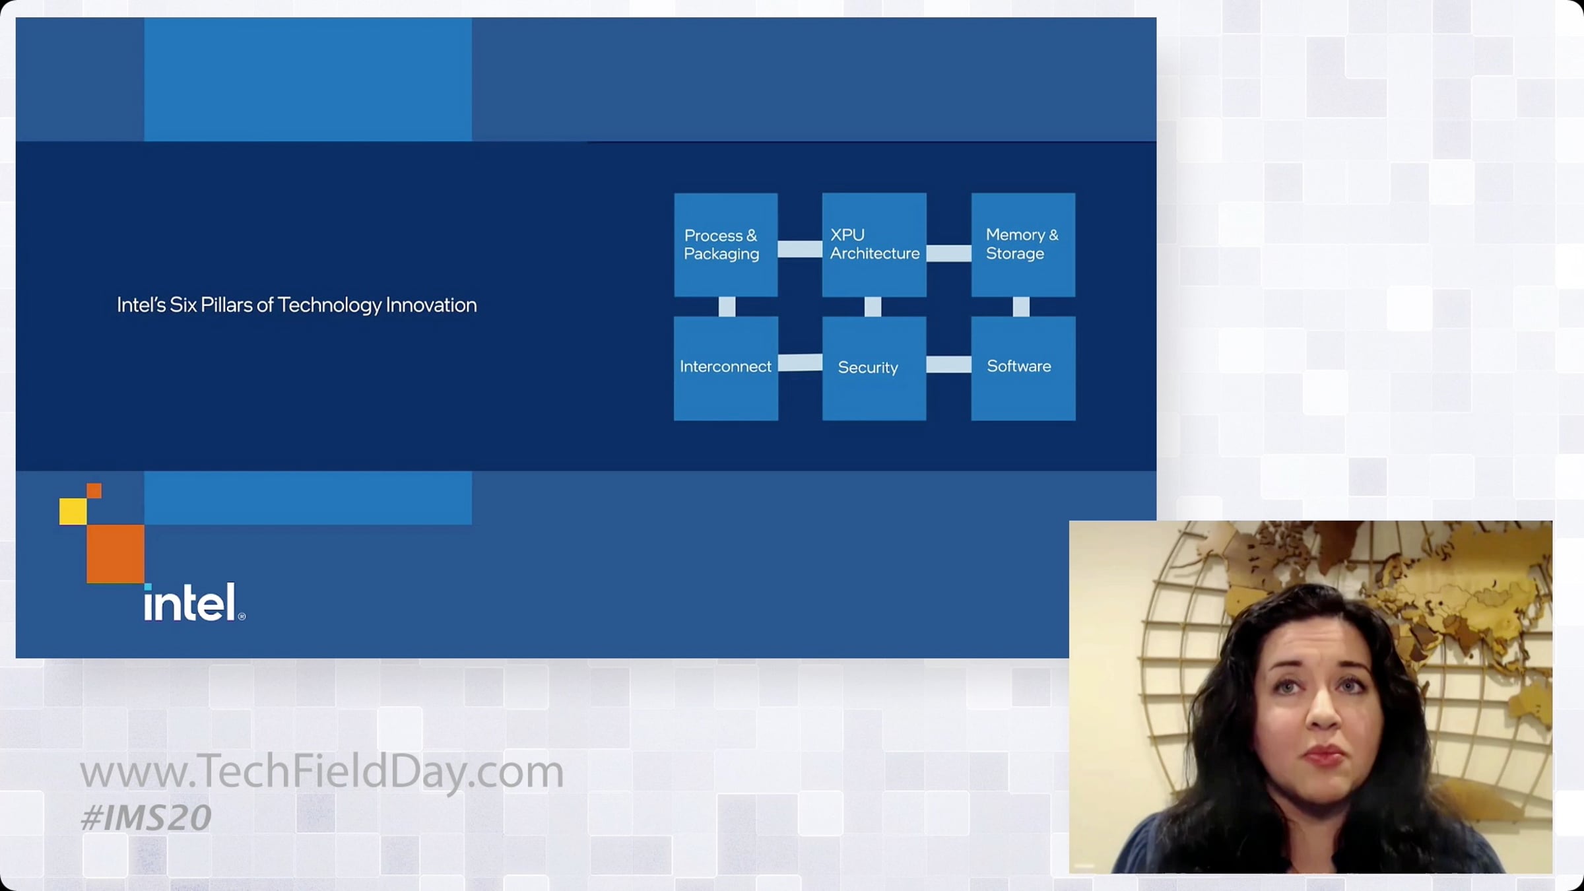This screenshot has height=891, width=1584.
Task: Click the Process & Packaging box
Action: [725, 245]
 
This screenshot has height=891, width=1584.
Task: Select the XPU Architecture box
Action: [874, 245]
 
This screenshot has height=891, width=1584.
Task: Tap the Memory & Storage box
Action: [1023, 245]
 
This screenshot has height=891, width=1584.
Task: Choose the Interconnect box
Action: [725, 368]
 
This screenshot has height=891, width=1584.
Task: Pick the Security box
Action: [874, 368]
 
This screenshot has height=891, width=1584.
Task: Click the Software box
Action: [1023, 368]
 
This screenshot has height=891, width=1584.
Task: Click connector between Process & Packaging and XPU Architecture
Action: [800, 249]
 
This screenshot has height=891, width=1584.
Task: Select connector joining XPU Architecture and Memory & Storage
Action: [949, 253]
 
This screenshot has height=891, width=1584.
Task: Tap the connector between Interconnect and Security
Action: [800, 362]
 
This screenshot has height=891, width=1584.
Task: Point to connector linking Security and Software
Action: [949, 364]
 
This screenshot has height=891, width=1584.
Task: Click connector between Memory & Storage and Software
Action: [1021, 307]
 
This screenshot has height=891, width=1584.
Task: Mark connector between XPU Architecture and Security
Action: [873, 307]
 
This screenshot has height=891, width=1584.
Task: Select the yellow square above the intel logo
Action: [73, 511]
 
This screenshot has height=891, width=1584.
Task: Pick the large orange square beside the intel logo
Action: [115, 554]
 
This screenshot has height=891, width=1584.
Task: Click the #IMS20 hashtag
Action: [146, 818]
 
